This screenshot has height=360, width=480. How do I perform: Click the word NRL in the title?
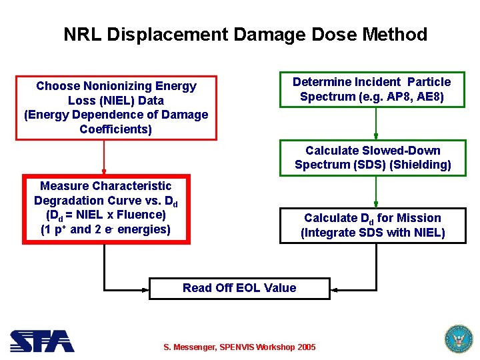pos(81,35)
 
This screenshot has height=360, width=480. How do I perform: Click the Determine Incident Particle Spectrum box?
pos(371,89)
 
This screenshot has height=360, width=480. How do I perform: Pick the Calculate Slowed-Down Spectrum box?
pos(373,157)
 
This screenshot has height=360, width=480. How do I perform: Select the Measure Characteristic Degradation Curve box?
pos(106,209)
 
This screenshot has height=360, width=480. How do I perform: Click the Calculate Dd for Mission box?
pos(373,225)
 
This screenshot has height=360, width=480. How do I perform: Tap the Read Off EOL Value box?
pos(239,288)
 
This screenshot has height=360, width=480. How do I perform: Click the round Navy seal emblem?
pos(457,339)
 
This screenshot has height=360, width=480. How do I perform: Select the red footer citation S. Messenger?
pos(239,347)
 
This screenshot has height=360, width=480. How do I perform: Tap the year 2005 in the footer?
pos(305,347)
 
